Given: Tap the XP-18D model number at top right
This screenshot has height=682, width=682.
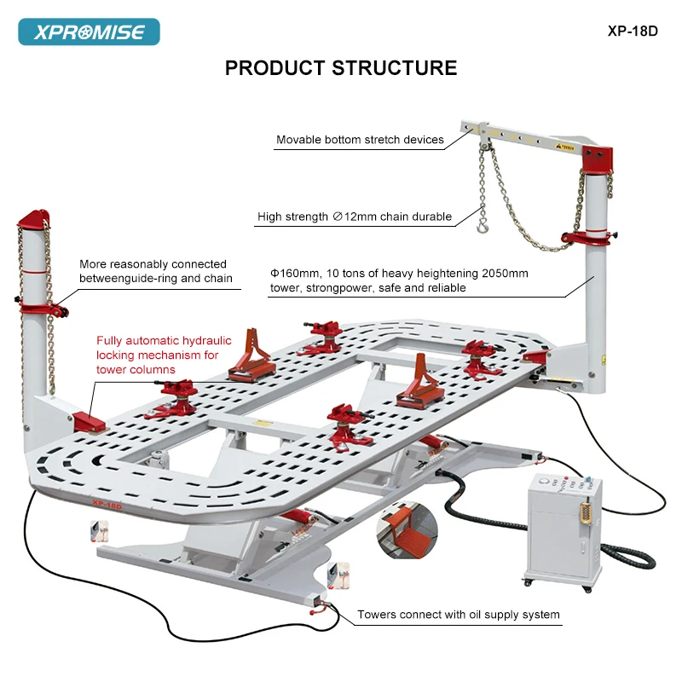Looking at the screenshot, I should (x=633, y=31).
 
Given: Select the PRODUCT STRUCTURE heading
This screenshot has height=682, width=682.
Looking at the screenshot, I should (x=341, y=68).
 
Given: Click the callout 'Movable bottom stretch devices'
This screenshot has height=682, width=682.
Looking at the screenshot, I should (x=360, y=140).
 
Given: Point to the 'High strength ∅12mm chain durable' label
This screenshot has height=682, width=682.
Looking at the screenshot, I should (x=355, y=217).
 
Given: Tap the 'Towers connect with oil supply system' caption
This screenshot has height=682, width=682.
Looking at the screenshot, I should (x=459, y=614).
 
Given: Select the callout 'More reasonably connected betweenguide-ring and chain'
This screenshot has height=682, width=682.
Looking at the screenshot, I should (x=153, y=271).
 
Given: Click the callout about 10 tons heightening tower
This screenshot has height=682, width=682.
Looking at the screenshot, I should (x=399, y=280).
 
